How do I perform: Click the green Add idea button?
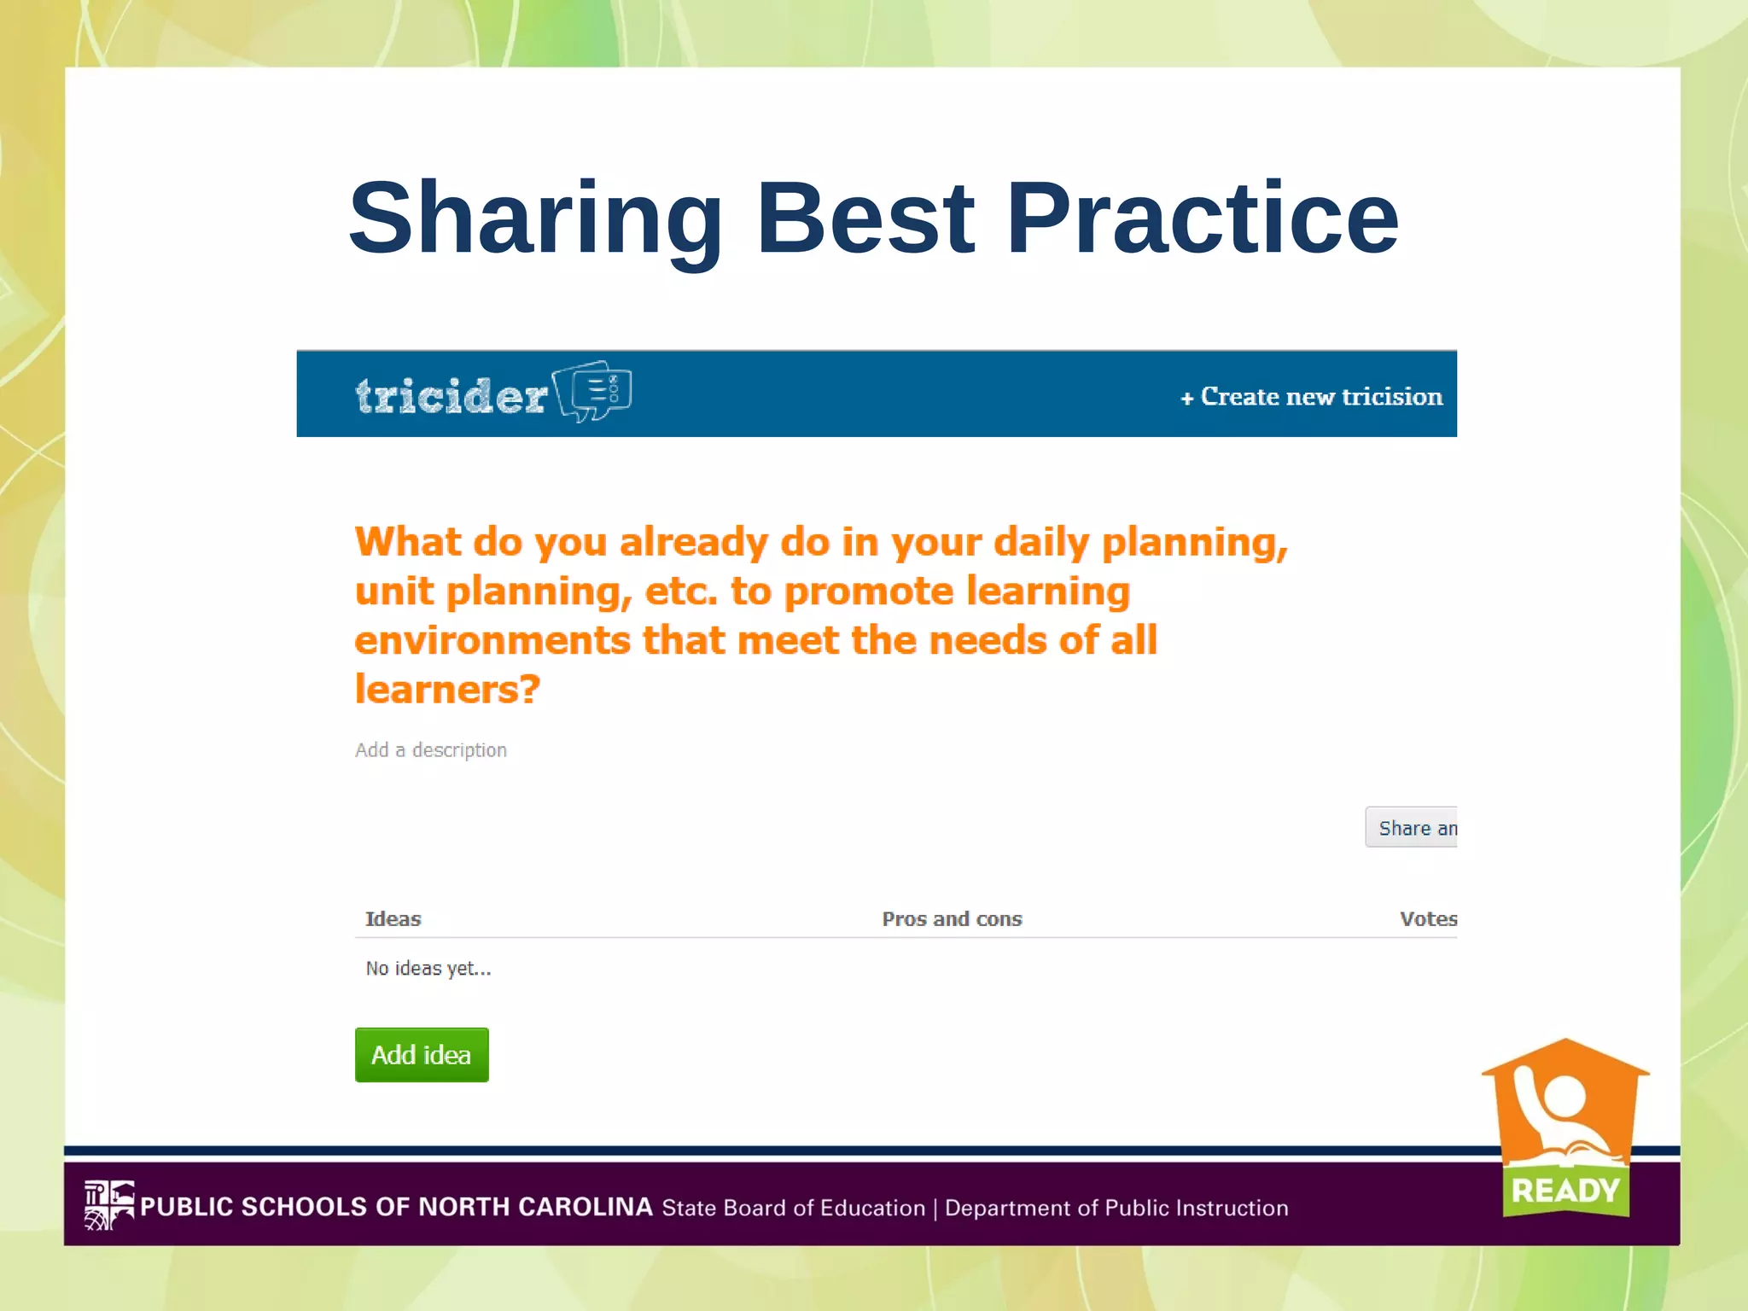point(422,1055)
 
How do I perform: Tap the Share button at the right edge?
point(1413,828)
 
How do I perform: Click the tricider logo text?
point(451,396)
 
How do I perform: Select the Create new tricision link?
point(1312,397)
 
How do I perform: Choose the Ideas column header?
point(393,919)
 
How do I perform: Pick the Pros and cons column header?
point(952,919)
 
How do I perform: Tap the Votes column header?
point(1428,919)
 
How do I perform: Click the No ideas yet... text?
point(428,969)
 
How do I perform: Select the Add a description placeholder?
point(431,750)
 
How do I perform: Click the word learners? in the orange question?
point(447,690)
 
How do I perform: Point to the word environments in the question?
point(492,641)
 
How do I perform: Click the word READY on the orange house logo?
point(1565,1190)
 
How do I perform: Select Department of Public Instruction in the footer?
point(1116,1208)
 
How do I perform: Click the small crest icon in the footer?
point(108,1204)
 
